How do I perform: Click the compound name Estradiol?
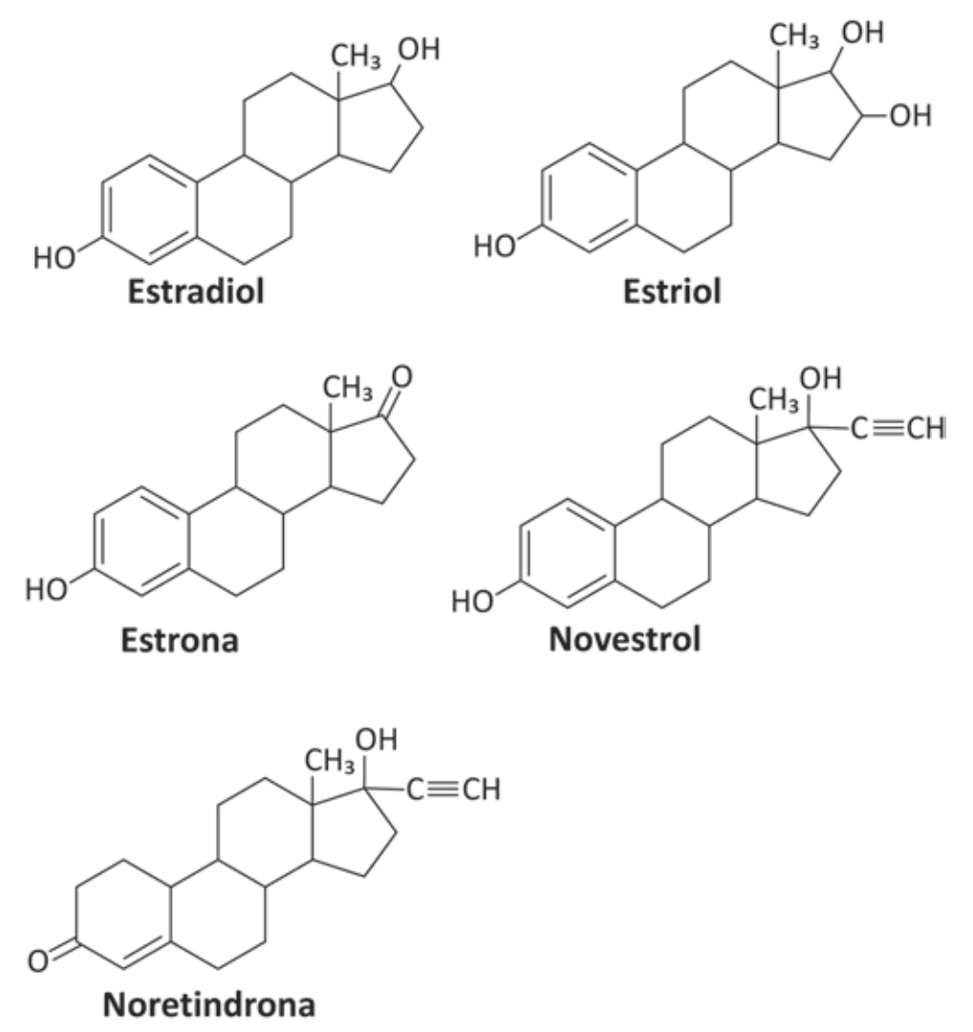(196, 290)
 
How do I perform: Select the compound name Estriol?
(672, 290)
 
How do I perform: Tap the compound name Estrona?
(179, 639)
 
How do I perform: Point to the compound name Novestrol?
(625, 639)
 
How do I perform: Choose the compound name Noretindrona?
(209, 1004)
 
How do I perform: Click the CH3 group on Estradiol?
(356, 56)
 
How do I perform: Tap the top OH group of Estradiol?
(419, 50)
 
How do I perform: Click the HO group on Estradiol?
(54, 258)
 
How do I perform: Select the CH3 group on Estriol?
(794, 35)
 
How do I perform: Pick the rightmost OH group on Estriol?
(911, 116)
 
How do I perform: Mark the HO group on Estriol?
(494, 247)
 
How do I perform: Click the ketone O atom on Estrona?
(401, 376)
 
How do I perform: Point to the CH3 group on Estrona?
(348, 388)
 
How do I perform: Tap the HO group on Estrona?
(46, 590)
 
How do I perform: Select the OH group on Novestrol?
(820, 378)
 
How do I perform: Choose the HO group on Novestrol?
(472, 602)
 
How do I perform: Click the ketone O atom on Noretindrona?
(38, 961)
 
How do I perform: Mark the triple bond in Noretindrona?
(445, 788)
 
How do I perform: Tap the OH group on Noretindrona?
(376, 740)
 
